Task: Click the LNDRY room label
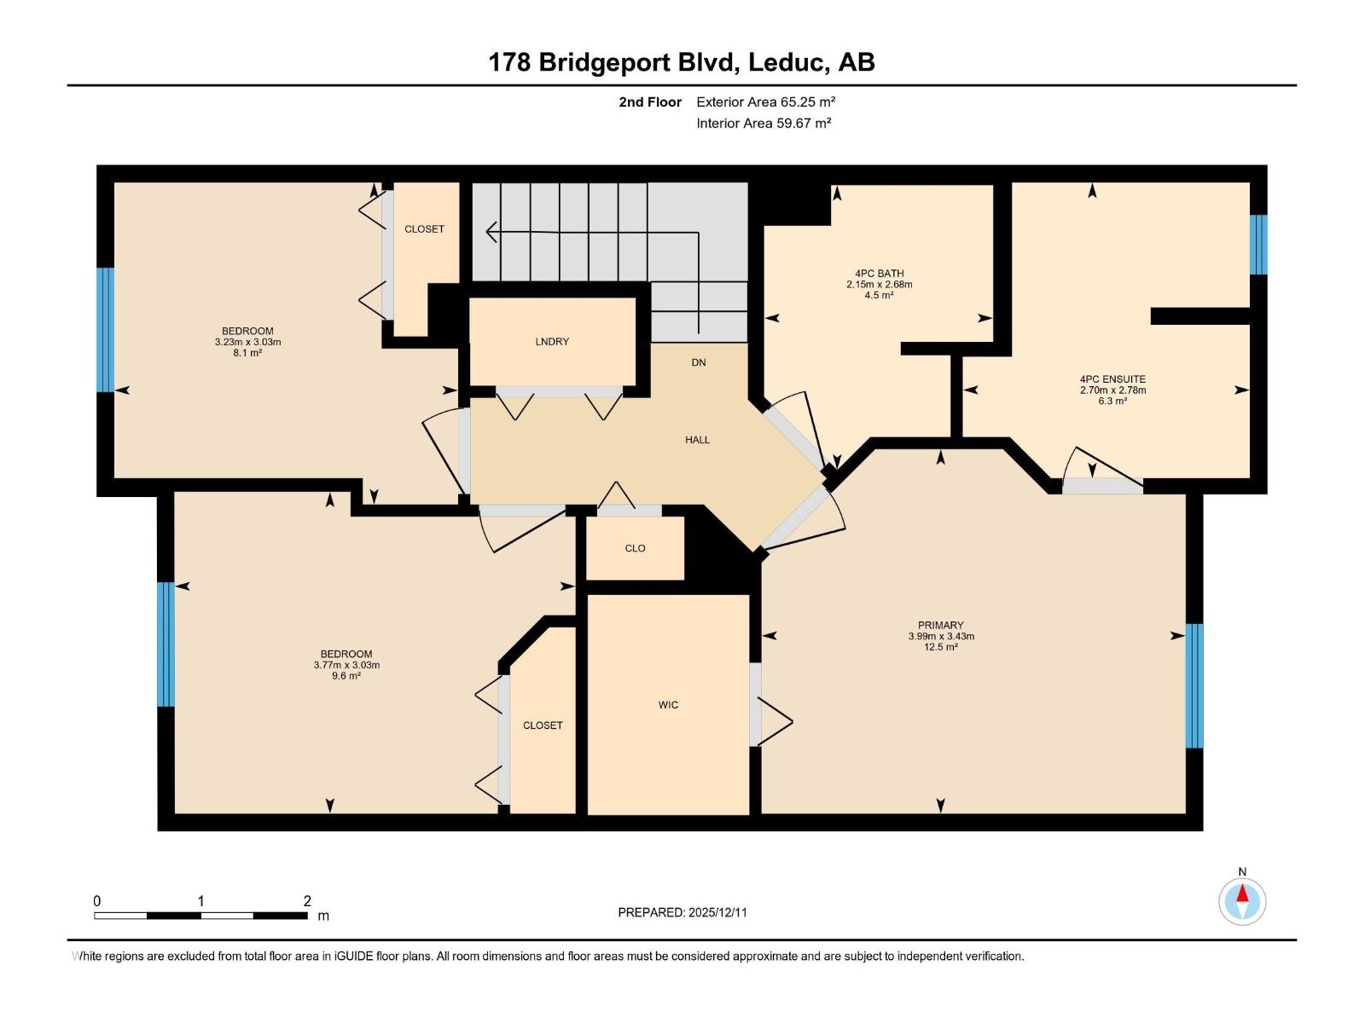click(552, 342)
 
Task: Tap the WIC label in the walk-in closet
click(668, 705)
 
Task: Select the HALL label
click(697, 440)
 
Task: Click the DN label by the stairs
click(699, 362)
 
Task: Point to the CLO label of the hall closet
click(635, 548)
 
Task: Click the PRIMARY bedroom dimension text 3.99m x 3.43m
click(940, 636)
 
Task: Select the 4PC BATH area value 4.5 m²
click(879, 295)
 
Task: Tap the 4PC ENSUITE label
click(1112, 379)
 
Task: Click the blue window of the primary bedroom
click(1194, 685)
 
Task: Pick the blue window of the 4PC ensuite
click(1258, 245)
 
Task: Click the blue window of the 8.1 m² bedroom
click(105, 330)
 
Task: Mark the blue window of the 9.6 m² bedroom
click(166, 644)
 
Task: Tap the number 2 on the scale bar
click(307, 901)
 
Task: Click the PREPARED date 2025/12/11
click(717, 912)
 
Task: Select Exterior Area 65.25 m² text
click(765, 101)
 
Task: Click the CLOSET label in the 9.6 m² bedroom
click(543, 725)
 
